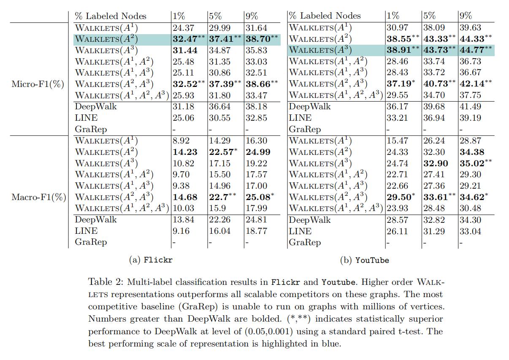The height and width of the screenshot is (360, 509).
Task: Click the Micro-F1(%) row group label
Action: click(38, 84)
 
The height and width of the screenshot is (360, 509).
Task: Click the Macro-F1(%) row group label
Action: click(38, 197)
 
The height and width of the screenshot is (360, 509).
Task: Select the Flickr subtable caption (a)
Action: click(150, 260)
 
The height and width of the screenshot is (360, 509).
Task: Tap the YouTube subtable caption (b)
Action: click(364, 260)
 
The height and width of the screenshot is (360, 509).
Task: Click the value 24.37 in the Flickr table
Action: click(183, 28)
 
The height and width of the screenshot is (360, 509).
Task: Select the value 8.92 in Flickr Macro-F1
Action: click(181, 141)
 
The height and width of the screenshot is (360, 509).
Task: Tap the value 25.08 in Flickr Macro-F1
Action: click(257, 197)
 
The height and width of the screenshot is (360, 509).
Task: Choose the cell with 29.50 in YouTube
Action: click(398, 197)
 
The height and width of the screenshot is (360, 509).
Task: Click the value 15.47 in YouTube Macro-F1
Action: click(397, 141)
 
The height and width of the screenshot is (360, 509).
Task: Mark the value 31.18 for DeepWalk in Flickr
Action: click(183, 107)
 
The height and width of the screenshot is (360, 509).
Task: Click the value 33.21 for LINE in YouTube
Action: click(397, 118)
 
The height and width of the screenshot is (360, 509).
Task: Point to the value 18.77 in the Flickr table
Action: click(256, 231)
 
